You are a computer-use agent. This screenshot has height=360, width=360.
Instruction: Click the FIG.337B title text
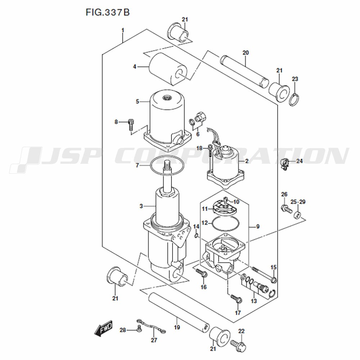point(108,12)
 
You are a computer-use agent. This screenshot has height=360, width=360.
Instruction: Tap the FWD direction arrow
point(104,328)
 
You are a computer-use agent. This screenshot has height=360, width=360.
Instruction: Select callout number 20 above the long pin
point(246,53)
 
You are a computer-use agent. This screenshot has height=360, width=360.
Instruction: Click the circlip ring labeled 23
point(294,100)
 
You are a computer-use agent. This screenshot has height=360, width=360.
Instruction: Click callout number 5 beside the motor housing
point(137,101)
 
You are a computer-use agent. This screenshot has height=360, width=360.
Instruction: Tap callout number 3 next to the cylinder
point(141,206)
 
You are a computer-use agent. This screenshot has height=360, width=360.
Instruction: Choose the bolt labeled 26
point(286,208)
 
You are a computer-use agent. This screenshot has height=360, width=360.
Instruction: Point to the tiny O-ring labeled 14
point(196,236)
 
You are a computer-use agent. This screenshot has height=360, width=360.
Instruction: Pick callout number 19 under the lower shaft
point(177,327)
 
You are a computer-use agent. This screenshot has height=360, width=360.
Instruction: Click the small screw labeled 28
point(139,329)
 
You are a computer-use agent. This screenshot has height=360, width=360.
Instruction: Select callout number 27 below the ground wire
point(154,340)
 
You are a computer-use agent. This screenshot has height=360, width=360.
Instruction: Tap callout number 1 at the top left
point(123,30)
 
